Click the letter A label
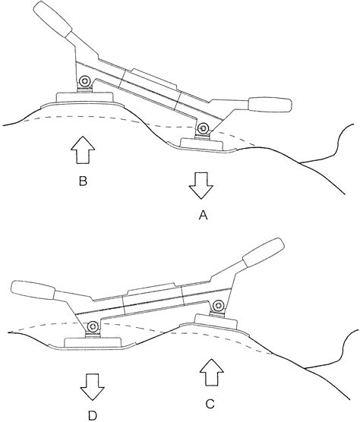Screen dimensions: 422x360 [203, 216]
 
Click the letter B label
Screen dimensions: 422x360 [83, 183]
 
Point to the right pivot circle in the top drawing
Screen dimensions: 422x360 [203, 131]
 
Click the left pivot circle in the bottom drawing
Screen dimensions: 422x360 [93, 326]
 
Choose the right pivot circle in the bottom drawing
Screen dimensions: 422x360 [219, 305]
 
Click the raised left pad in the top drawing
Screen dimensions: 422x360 [85, 97]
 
